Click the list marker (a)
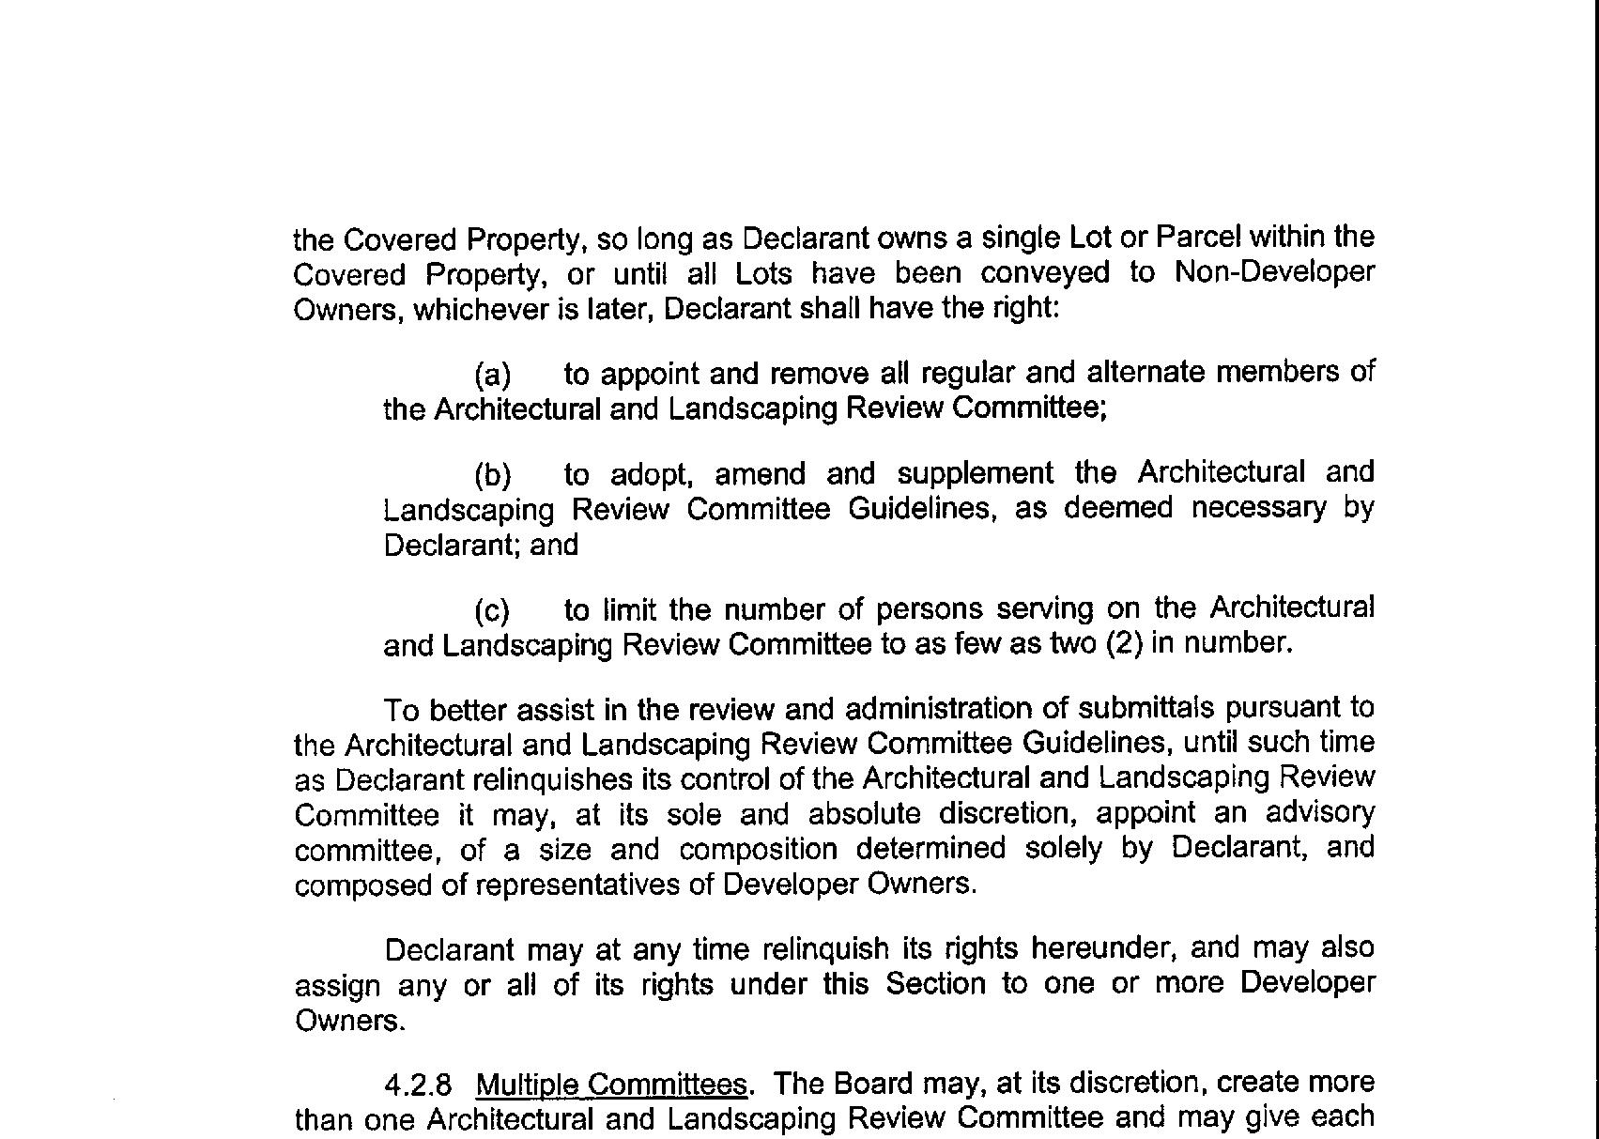[x=493, y=376]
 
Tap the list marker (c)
[x=492, y=611]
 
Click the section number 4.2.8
[x=418, y=1085]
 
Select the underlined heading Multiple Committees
[x=611, y=1085]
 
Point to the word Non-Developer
[x=1274, y=272]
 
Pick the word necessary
[x=1258, y=508]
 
